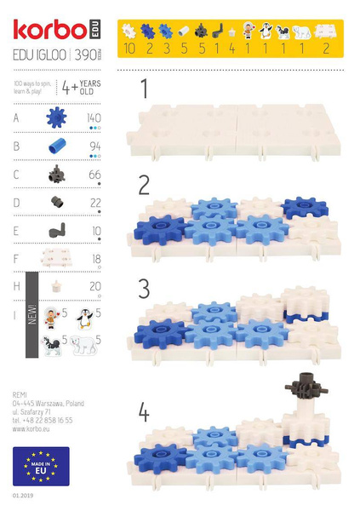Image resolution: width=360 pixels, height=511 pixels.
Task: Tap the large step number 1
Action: (x=145, y=89)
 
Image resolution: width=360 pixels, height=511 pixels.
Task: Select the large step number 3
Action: (x=145, y=287)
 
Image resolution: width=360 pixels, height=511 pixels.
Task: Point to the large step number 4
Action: (x=145, y=413)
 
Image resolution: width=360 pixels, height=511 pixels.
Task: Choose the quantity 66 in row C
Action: (x=94, y=174)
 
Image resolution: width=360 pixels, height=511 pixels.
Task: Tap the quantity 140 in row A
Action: (x=93, y=118)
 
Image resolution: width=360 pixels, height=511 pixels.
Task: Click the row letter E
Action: (x=17, y=230)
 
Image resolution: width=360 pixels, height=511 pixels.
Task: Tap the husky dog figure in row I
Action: (x=52, y=345)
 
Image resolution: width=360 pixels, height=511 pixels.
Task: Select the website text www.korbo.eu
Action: (x=35, y=428)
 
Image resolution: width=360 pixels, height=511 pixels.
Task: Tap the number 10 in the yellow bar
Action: (x=129, y=49)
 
